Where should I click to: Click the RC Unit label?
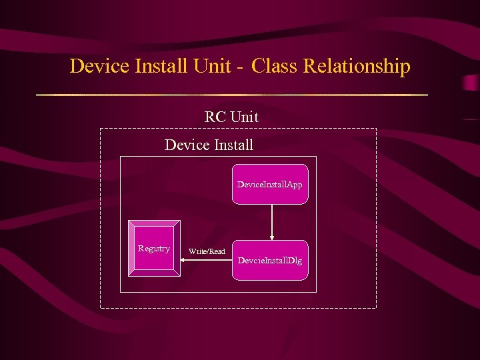[x=231, y=117]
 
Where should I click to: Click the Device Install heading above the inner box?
[x=209, y=144]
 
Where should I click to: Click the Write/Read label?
[x=207, y=251]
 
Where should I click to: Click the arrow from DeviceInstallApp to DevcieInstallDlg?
[x=271, y=220]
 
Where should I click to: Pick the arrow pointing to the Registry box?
[x=207, y=261]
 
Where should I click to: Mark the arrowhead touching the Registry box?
[x=185, y=261]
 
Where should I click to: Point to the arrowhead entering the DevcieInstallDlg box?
[x=271, y=237]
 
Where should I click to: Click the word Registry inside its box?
[x=154, y=249]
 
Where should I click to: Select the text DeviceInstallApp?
[x=270, y=184]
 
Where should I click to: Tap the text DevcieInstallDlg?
[x=270, y=260]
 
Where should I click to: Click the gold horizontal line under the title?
[x=231, y=95]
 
